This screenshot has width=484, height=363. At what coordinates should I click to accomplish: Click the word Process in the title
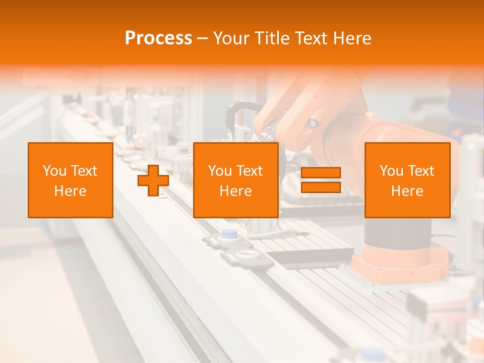coord(158,38)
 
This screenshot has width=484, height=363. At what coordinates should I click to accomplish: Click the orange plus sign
coord(153,180)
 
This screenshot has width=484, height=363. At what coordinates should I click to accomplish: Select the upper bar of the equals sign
coord(321,173)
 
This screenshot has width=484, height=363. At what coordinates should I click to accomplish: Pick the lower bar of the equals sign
coord(321,188)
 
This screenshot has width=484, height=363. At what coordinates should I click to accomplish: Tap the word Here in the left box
coord(70,191)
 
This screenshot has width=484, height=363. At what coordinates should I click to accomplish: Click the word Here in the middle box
coord(235,191)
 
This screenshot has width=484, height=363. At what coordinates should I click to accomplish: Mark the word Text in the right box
coord(421,171)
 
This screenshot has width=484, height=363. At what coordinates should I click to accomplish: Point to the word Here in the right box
coord(407,191)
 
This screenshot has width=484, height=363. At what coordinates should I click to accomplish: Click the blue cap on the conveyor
coord(230,233)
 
